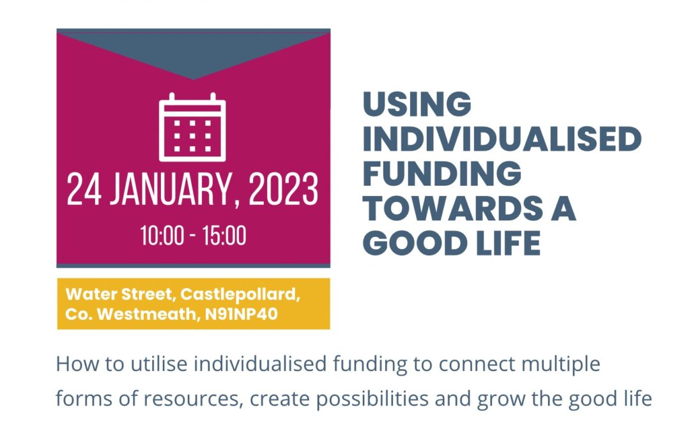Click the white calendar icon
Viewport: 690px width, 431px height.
(x=192, y=127)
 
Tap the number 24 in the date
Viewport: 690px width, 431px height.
(x=84, y=189)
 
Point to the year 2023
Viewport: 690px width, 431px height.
(x=283, y=189)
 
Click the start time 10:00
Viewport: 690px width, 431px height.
(x=162, y=236)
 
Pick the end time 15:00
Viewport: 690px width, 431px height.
(x=224, y=236)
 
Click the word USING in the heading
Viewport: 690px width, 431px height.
(x=417, y=104)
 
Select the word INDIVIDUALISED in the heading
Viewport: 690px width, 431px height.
(x=502, y=139)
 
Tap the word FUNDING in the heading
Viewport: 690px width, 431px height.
(x=442, y=173)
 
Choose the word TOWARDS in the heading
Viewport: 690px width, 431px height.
(x=453, y=208)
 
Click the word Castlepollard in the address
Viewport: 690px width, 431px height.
(x=240, y=294)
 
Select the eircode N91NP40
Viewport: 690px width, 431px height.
(x=241, y=314)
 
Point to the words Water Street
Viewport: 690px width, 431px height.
(x=120, y=294)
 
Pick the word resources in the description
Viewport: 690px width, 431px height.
(x=194, y=399)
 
